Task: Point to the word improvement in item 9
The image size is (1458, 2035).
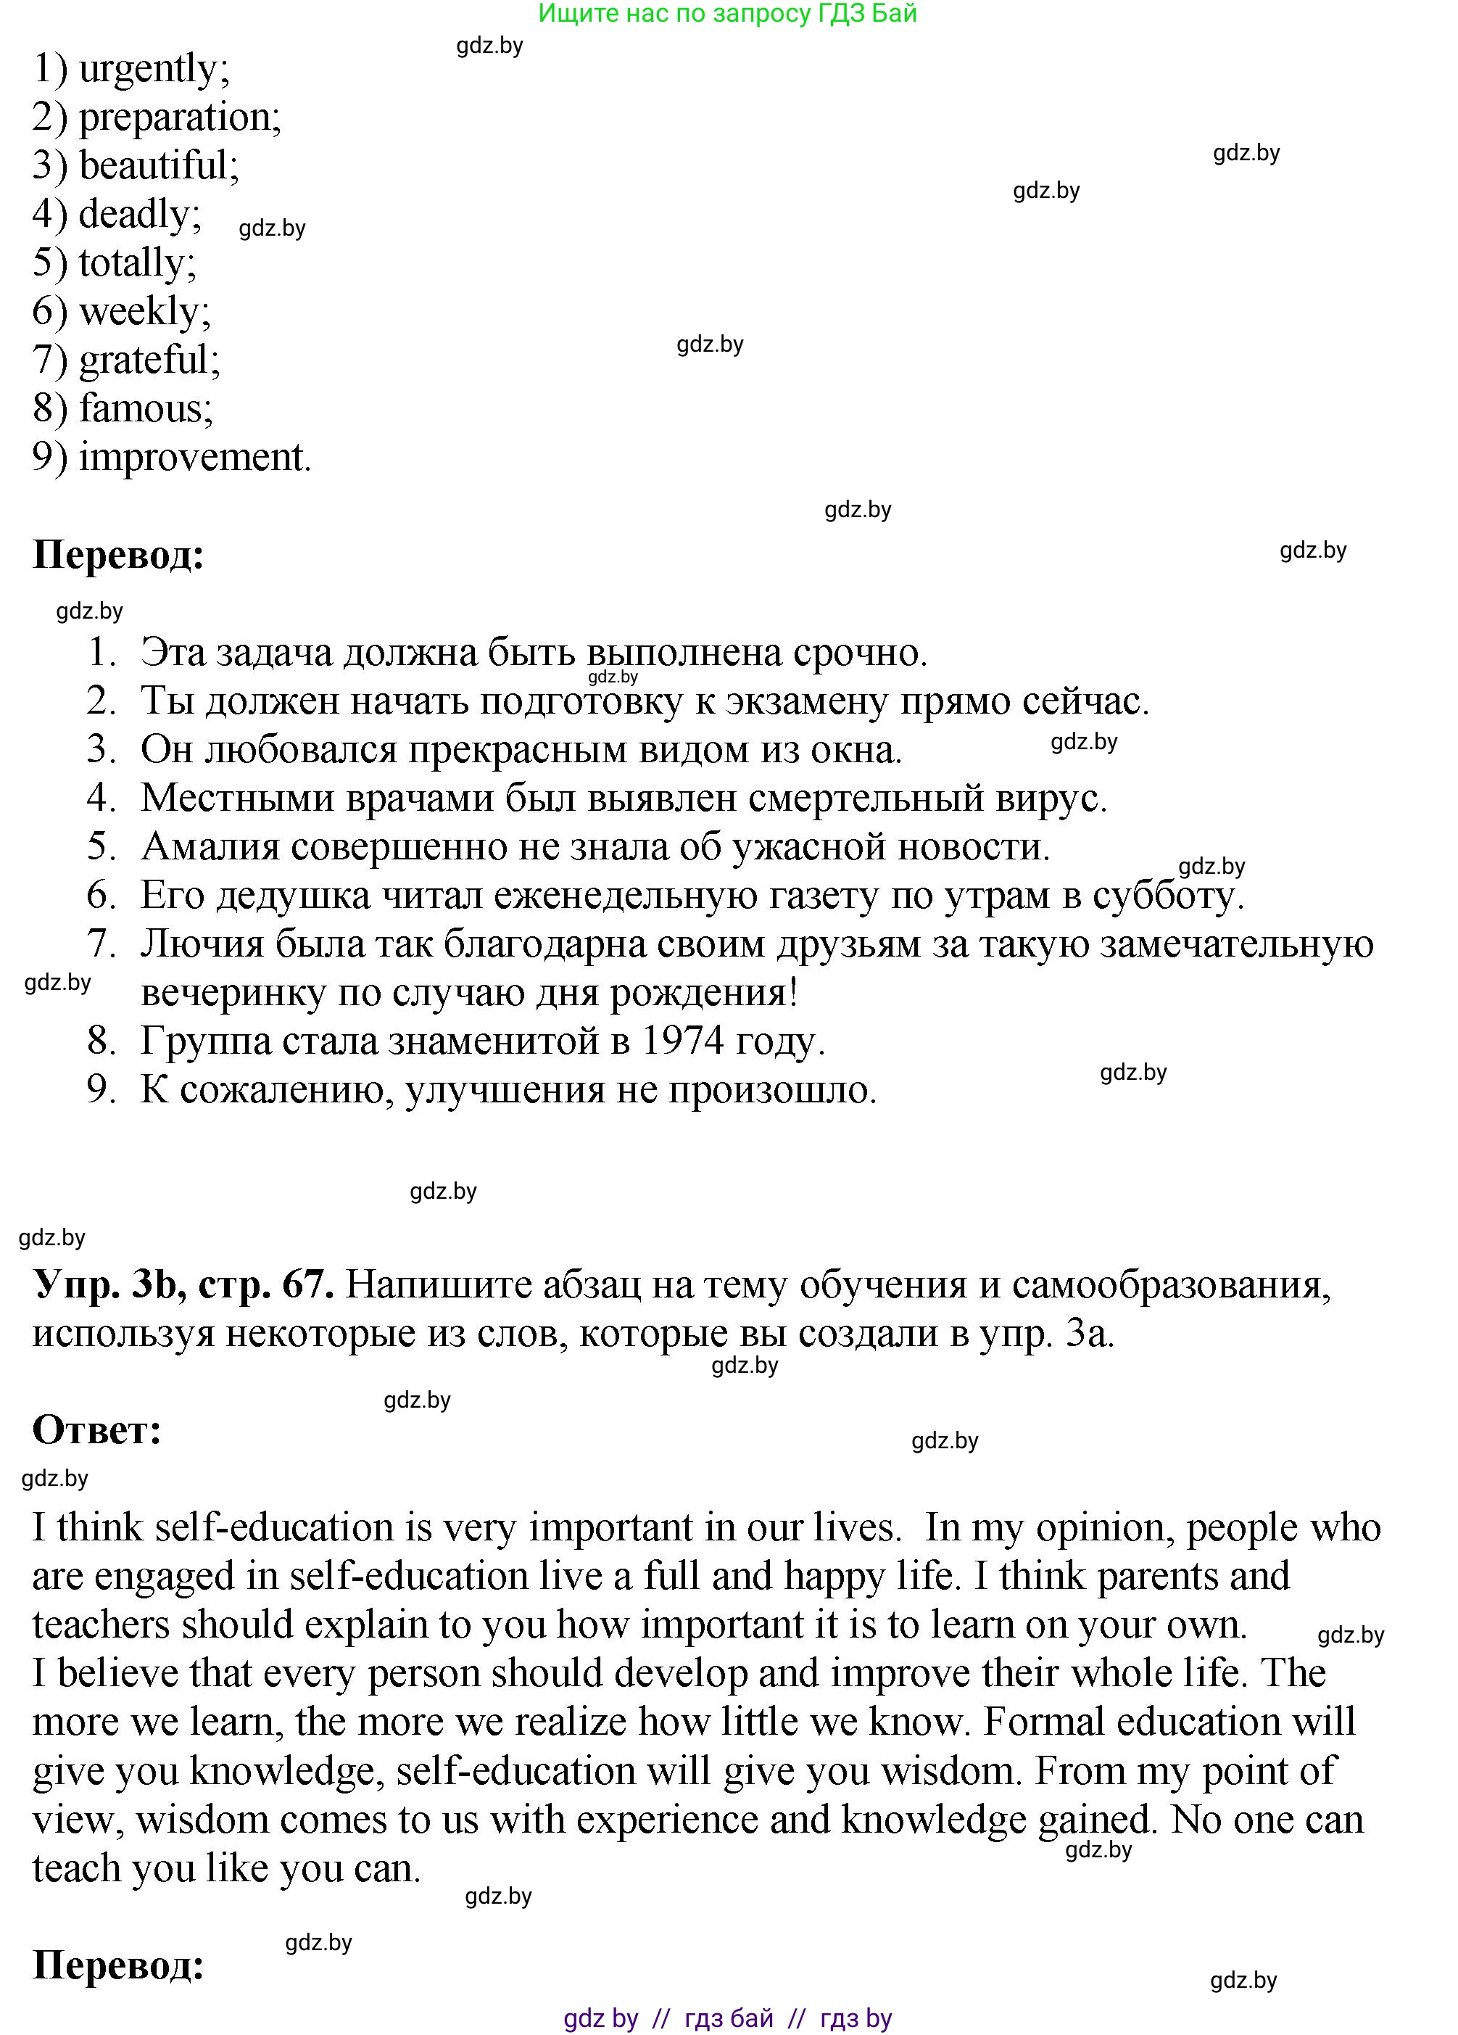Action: (x=194, y=458)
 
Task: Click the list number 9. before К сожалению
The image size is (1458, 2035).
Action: (x=102, y=1089)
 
